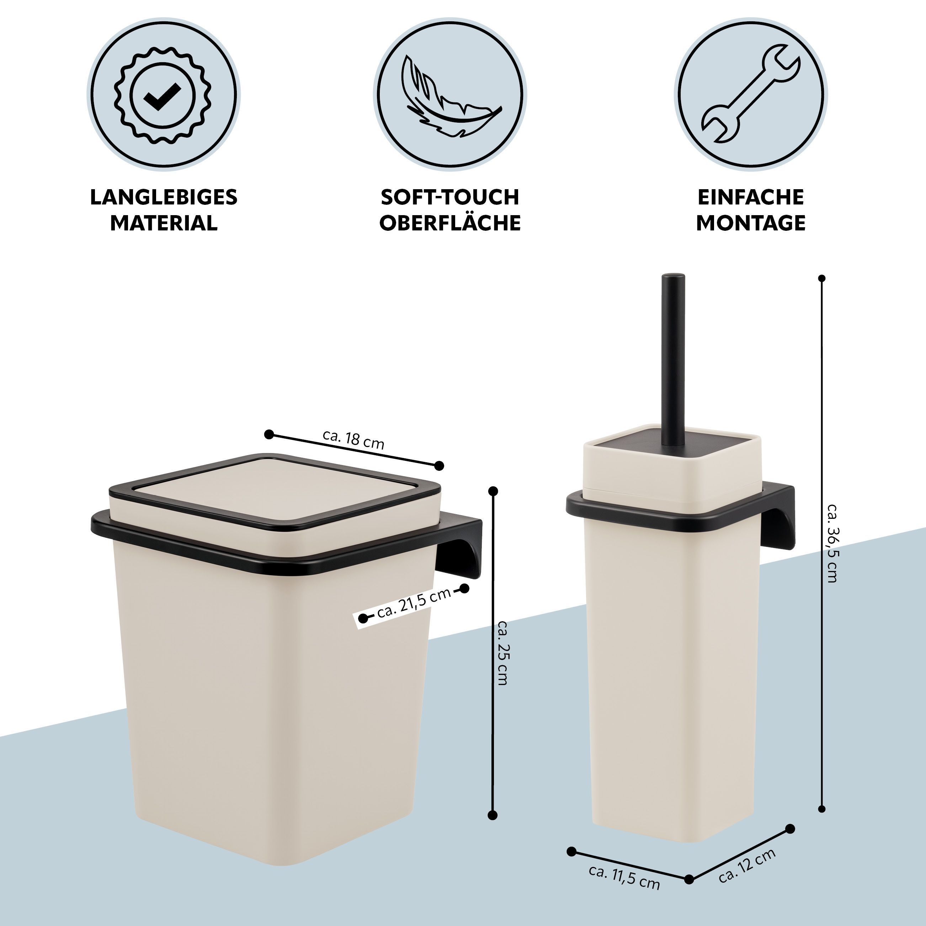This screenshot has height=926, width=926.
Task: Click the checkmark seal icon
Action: pyautogui.click(x=163, y=95)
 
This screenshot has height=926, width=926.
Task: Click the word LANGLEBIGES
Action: pyautogui.click(x=164, y=197)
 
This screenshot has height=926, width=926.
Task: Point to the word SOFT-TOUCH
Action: pyautogui.click(x=450, y=197)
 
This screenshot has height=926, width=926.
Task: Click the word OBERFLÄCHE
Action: pyautogui.click(x=450, y=223)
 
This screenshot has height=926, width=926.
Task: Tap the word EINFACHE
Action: pyautogui.click(x=751, y=197)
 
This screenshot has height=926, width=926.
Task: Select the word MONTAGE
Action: pyautogui.click(x=751, y=223)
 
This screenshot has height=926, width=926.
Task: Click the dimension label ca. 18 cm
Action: pyautogui.click(x=354, y=439)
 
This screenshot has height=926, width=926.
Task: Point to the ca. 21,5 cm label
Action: pyautogui.click(x=414, y=603)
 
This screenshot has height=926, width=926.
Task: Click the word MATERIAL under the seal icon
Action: pyautogui.click(x=164, y=223)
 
